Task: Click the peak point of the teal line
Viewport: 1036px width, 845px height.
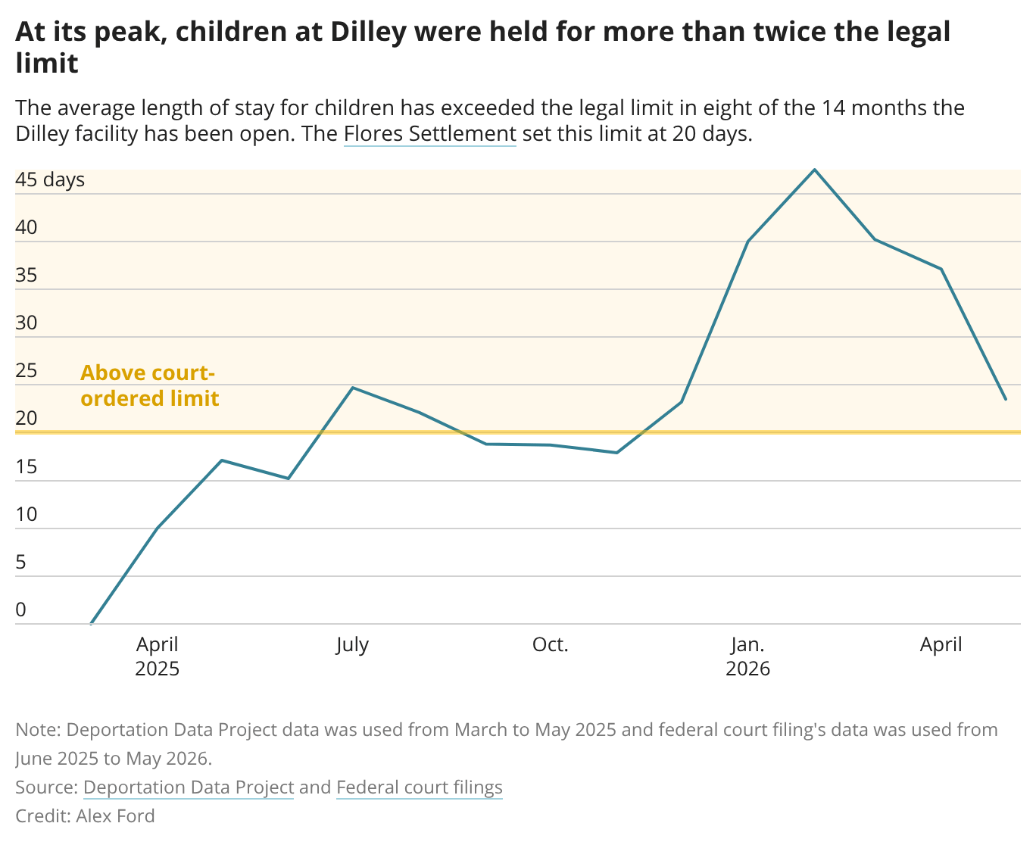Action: (x=814, y=170)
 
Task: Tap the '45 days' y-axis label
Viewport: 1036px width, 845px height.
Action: (x=50, y=179)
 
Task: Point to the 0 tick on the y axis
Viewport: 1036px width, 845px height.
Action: (x=20, y=610)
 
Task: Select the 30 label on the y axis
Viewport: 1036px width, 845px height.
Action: (x=26, y=323)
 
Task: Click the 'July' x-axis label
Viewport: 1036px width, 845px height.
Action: (x=352, y=644)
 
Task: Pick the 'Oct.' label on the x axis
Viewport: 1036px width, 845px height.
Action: (x=550, y=644)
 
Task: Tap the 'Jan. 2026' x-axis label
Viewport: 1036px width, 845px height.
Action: (x=747, y=656)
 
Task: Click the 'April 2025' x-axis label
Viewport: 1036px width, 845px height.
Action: (x=158, y=656)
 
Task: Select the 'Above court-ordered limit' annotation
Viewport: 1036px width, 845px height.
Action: (x=149, y=385)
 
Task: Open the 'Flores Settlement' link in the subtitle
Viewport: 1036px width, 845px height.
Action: (x=430, y=133)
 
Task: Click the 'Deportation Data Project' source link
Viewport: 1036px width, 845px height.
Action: (x=189, y=787)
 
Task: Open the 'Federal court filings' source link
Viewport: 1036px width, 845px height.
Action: (x=420, y=787)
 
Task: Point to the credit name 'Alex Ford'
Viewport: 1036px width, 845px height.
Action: (x=115, y=816)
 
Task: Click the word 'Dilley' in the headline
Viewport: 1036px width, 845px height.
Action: (x=368, y=32)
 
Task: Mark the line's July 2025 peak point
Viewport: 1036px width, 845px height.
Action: (x=353, y=388)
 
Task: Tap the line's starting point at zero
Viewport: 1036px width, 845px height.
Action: (x=92, y=623)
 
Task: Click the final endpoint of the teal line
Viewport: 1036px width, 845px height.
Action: (x=1006, y=400)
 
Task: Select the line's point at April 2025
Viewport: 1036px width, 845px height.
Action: (x=158, y=528)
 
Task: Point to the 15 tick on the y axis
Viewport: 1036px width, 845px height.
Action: (x=26, y=466)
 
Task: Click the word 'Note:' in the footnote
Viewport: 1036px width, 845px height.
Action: (x=38, y=730)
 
